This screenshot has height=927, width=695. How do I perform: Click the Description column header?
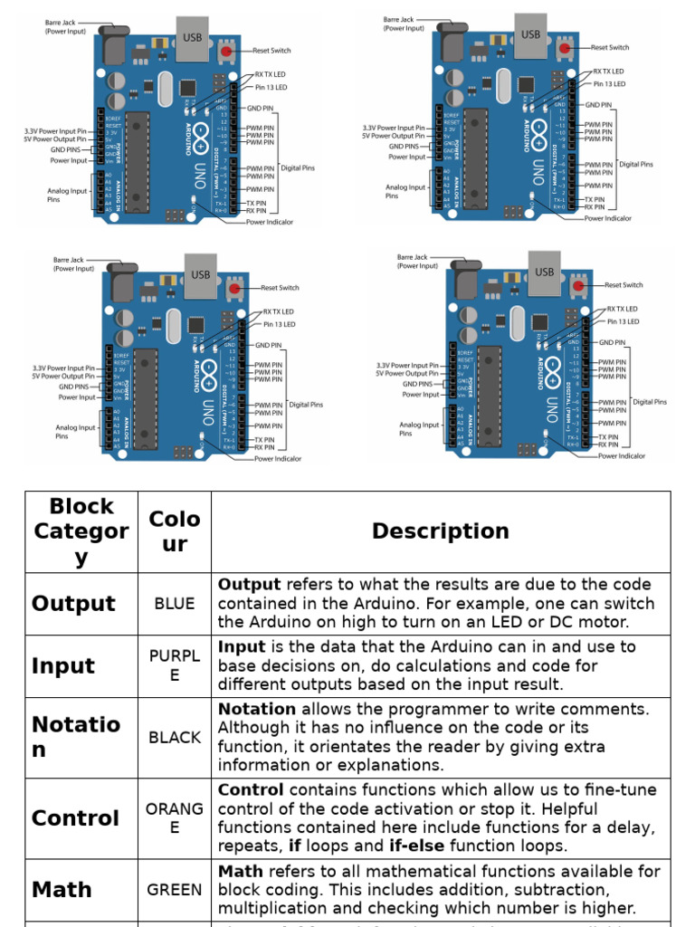tap(440, 531)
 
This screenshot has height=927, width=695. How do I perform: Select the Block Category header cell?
tap(81, 531)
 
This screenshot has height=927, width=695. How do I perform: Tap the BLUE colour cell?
tap(175, 604)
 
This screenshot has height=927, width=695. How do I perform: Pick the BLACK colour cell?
tap(175, 738)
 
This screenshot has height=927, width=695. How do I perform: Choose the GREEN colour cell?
tap(175, 890)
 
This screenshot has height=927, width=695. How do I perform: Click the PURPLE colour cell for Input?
tap(175, 665)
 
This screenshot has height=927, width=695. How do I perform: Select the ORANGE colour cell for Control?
tap(175, 818)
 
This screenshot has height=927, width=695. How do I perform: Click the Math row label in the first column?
tap(62, 890)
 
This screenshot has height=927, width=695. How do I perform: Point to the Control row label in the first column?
tap(75, 818)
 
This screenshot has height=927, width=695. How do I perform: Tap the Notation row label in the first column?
tap(76, 737)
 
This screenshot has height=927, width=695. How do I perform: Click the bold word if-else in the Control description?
tap(416, 846)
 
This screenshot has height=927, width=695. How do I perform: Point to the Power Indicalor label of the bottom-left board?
tap(278, 459)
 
